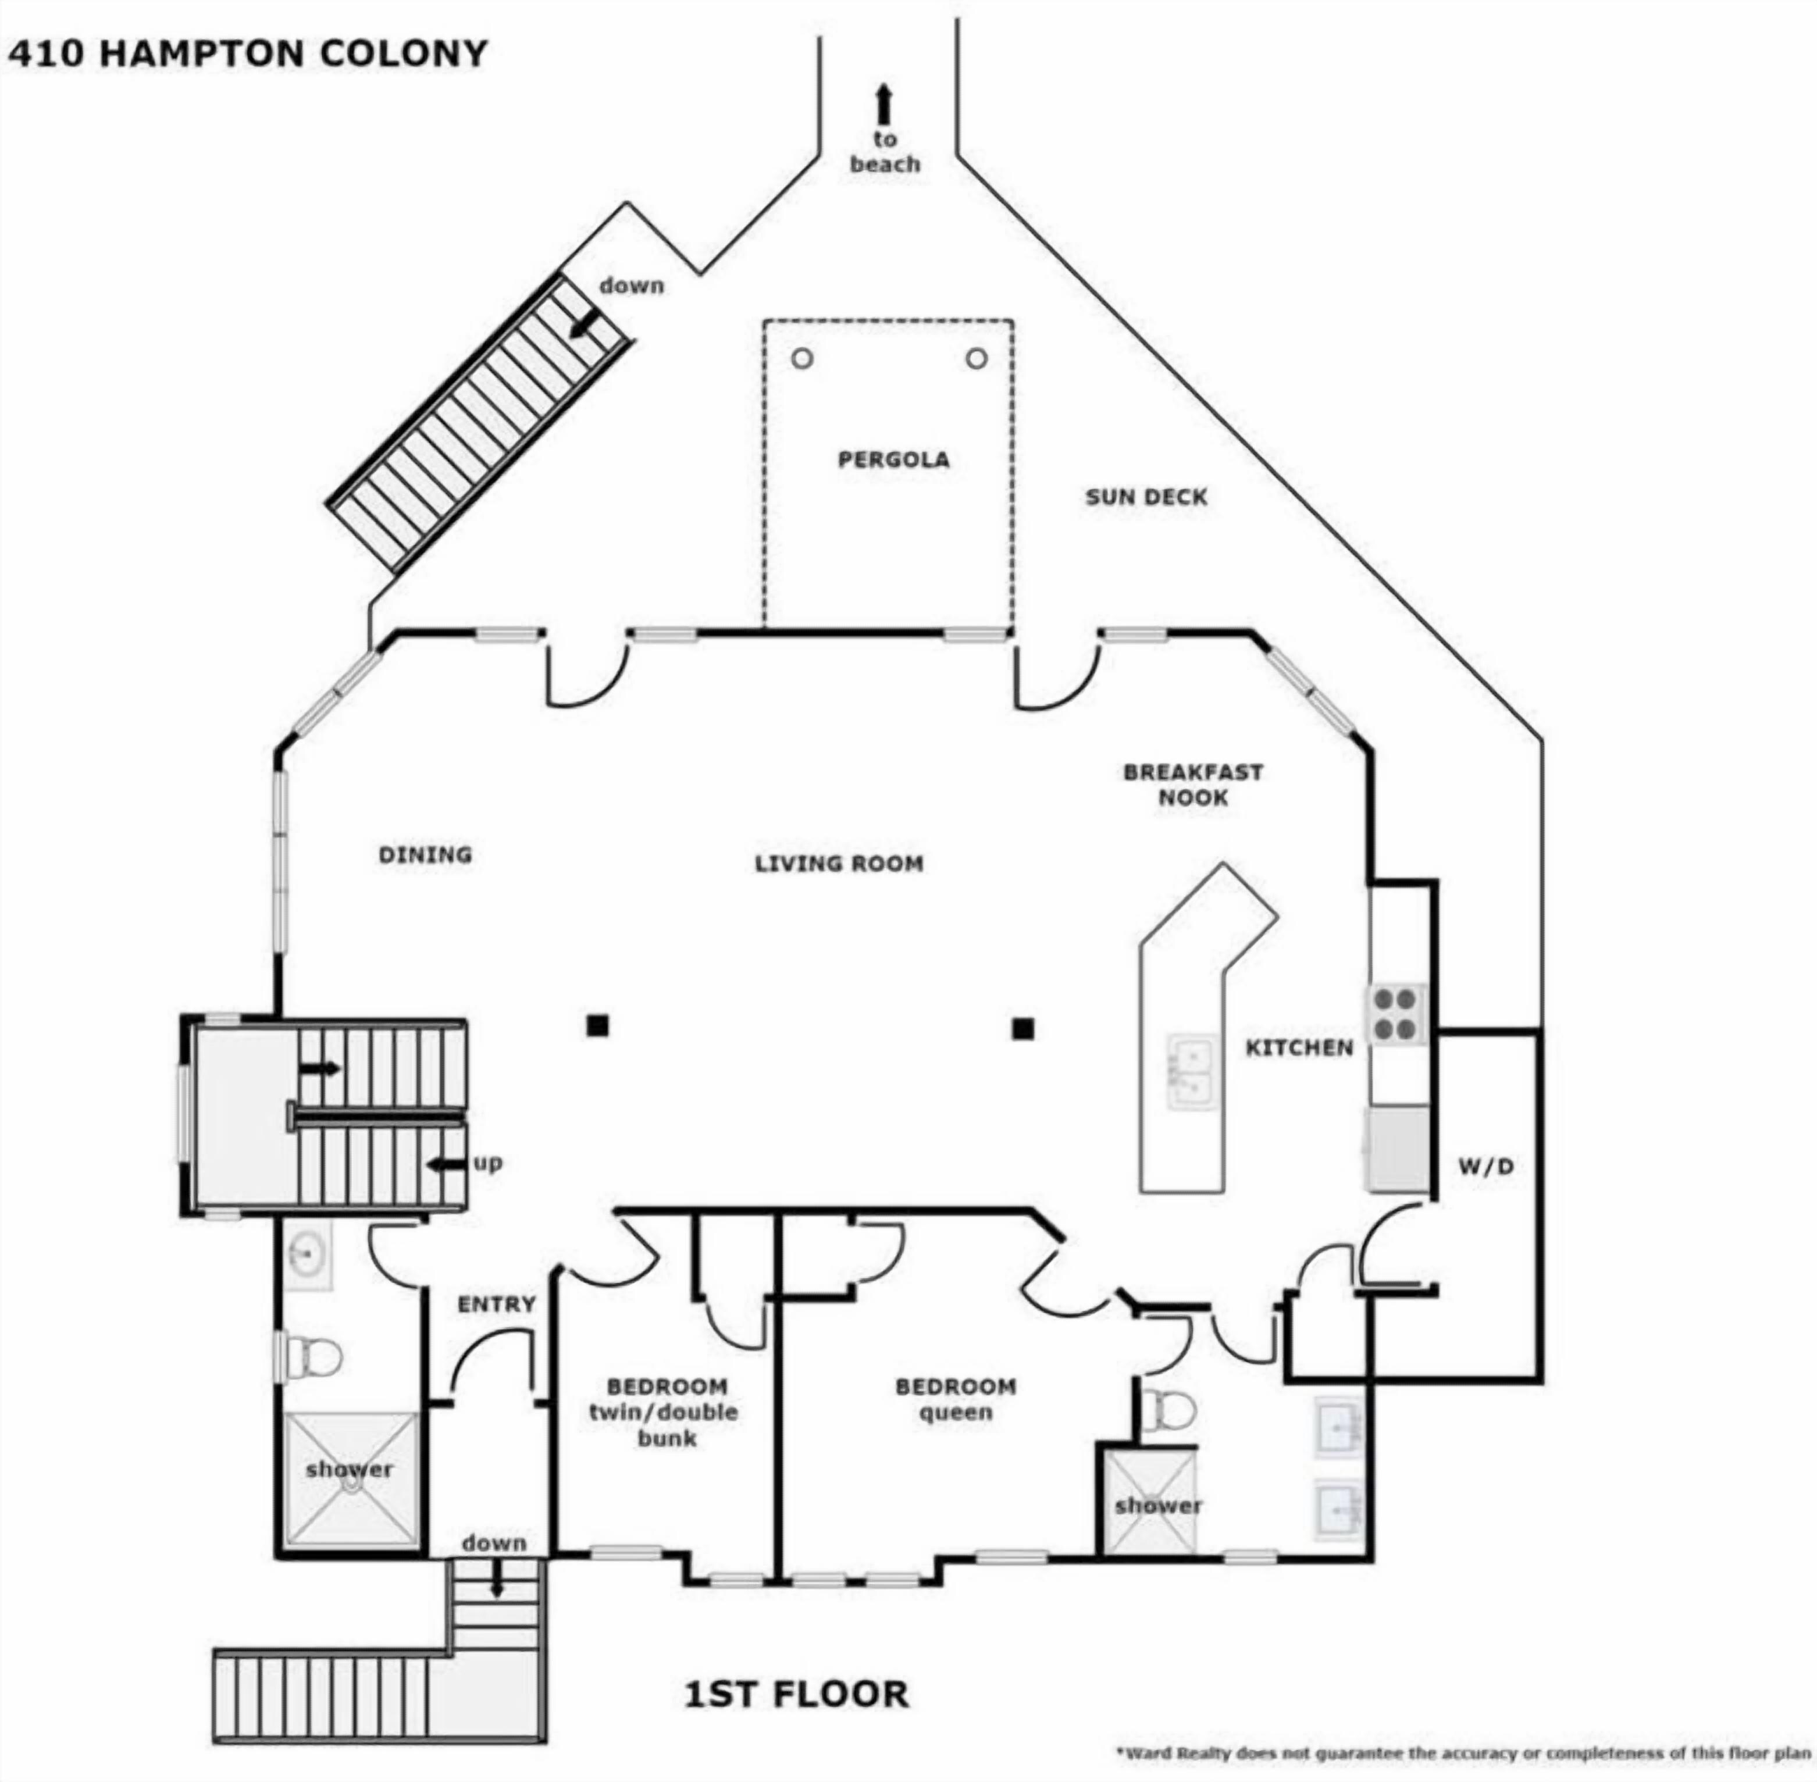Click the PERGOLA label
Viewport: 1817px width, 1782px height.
click(893, 459)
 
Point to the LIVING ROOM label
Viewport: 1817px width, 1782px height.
click(839, 863)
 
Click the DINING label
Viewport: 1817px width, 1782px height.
click(425, 854)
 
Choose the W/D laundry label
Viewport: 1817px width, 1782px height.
click(1485, 1166)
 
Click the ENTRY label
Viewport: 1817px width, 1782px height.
click(496, 1304)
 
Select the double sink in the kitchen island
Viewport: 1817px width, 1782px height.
click(1192, 1072)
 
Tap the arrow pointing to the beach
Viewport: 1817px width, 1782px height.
click(883, 105)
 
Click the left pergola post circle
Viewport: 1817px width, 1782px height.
click(802, 358)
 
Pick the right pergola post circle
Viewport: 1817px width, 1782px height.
click(977, 358)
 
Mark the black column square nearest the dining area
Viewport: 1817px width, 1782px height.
click(597, 1026)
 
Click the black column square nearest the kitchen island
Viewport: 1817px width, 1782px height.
click(1022, 1029)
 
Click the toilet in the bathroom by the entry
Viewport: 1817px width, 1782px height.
click(309, 1356)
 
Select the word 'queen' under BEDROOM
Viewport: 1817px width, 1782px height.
click(955, 1413)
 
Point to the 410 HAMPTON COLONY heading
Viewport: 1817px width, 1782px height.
click(247, 54)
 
